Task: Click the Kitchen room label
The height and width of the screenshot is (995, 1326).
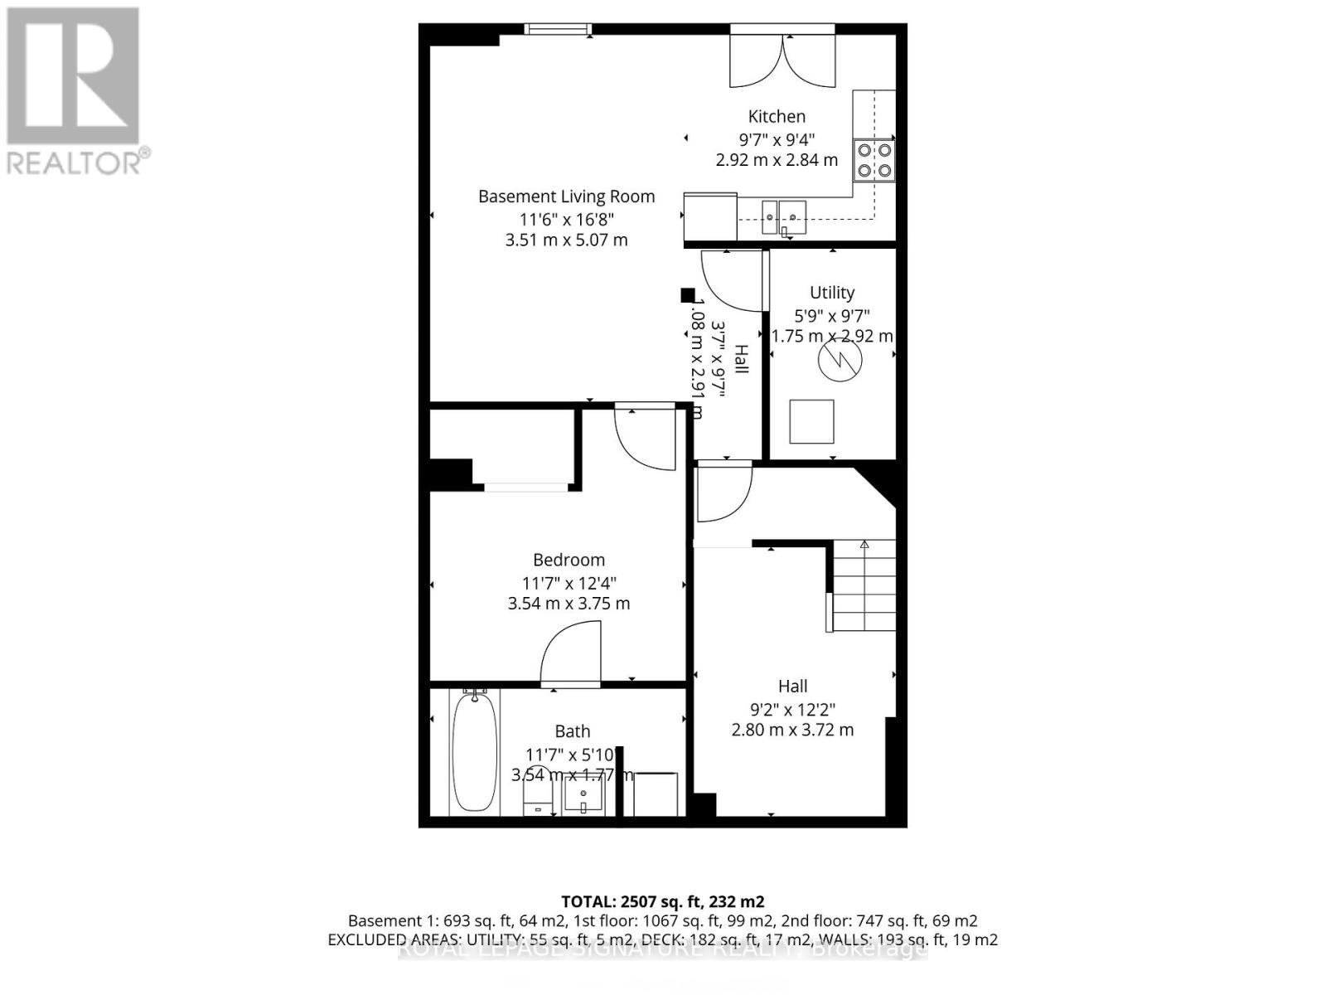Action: (x=777, y=117)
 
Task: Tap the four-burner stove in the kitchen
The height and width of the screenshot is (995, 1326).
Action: (x=875, y=160)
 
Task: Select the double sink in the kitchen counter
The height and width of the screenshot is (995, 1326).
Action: (x=783, y=218)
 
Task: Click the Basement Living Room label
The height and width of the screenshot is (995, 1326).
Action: (x=566, y=197)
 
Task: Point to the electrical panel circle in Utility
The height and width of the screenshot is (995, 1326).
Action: (x=840, y=360)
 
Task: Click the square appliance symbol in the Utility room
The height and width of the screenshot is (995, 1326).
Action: (x=811, y=421)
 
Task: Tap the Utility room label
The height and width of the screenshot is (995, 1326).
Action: (x=832, y=293)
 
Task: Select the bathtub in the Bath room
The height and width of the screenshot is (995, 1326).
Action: (x=475, y=753)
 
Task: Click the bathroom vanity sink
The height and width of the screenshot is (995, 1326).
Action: (x=583, y=798)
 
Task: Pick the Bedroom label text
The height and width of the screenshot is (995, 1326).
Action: (x=569, y=560)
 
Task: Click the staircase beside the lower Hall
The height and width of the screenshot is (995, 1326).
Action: (x=864, y=585)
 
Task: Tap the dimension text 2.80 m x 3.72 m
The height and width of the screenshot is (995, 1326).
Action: (x=792, y=730)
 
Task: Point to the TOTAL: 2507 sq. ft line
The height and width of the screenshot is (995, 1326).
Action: (x=662, y=901)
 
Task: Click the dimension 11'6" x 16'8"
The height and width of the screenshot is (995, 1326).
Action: (x=566, y=220)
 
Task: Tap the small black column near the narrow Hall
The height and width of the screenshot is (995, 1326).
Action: (x=687, y=294)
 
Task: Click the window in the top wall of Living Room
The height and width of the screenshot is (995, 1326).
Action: (x=558, y=30)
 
